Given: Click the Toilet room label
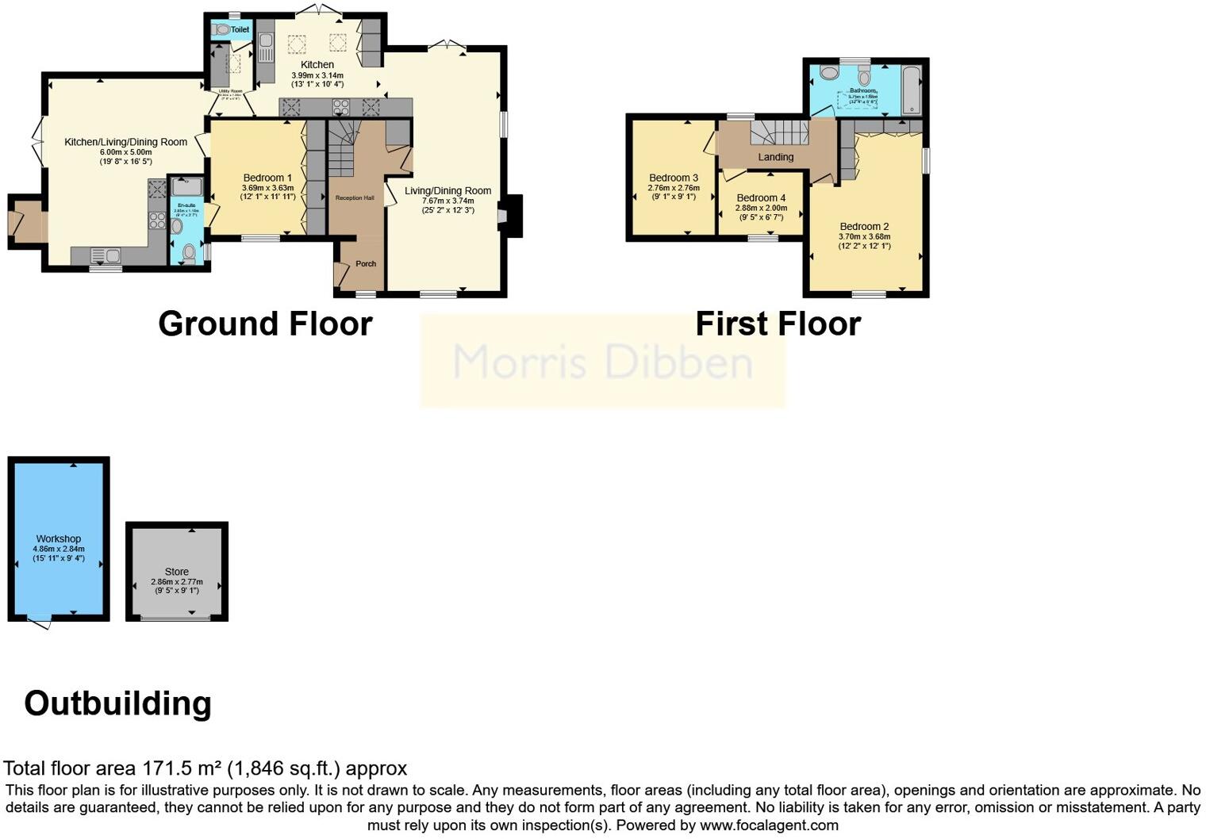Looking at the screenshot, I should tap(240, 29).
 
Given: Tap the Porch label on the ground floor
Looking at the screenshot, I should tap(366, 263).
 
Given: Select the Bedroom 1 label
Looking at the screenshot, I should tap(267, 178).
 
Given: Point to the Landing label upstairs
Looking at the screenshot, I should tap(775, 157).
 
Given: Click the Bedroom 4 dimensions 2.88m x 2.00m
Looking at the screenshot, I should tap(761, 208).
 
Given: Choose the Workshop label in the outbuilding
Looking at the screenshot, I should tap(59, 538).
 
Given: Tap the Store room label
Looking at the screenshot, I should tap(177, 572).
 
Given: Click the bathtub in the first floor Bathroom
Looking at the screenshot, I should tap(911, 90).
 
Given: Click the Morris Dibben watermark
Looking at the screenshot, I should tap(602, 362).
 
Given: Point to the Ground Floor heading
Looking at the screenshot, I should tap(265, 324).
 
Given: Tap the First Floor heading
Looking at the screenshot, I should tap(778, 324).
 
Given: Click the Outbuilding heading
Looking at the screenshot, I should tap(118, 703).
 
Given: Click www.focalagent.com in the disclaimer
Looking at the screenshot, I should tap(769, 825).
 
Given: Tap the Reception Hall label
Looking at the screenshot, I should tap(355, 197).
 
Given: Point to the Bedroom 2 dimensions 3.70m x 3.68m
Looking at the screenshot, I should tap(864, 236).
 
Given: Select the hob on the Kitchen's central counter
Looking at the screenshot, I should tap(341, 107).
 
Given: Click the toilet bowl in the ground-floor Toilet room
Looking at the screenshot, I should tap(221, 29).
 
